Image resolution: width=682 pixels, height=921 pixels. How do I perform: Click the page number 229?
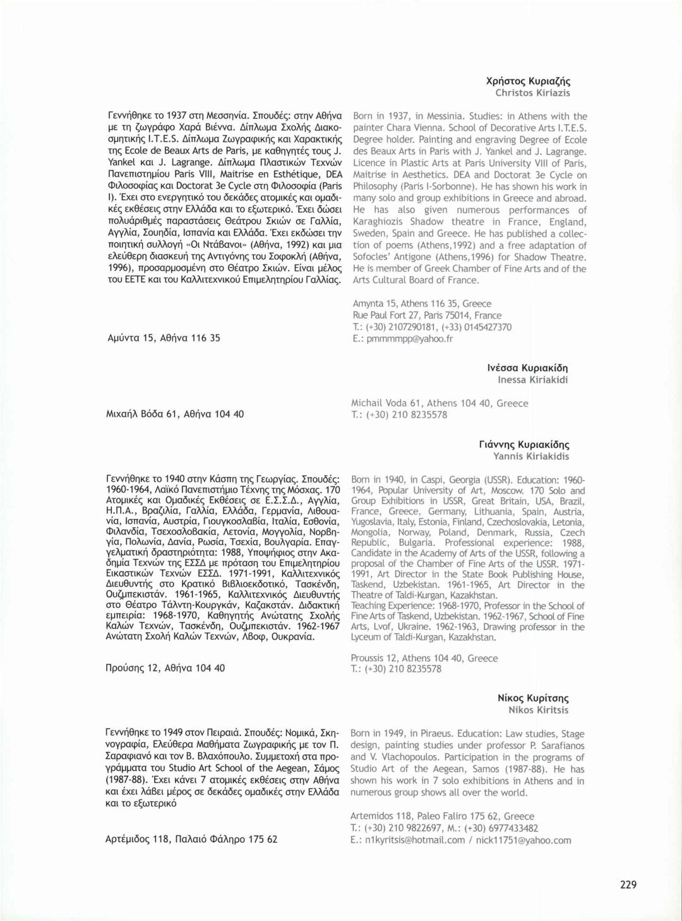(628, 884)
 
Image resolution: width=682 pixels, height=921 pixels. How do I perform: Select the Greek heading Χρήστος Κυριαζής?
(528, 81)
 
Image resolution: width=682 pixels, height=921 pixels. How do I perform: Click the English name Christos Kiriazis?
(532, 93)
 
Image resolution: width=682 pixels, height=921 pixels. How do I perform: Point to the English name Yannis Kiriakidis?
(531, 456)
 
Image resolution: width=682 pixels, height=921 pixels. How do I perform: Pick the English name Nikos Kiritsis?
(538, 710)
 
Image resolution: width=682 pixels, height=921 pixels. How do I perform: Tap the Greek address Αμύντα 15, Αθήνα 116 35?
(164, 337)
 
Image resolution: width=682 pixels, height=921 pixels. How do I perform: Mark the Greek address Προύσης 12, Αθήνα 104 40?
(165, 668)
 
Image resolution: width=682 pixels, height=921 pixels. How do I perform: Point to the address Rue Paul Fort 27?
(386, 315)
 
